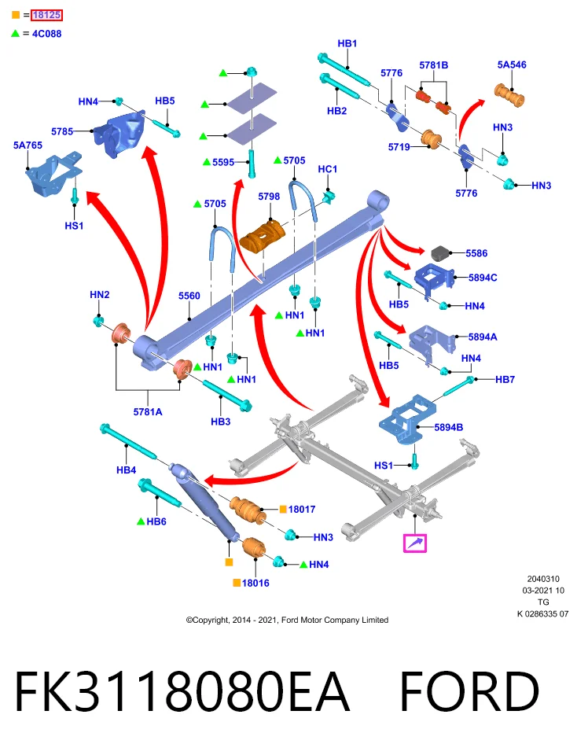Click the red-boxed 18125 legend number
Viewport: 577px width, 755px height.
point(46,15)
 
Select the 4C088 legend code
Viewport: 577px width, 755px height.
point(46,34)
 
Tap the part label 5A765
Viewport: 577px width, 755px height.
point(28,145)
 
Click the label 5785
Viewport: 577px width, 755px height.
point(62,131)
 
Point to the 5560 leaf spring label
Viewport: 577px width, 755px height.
point(189,296)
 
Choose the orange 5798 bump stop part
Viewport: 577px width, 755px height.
point(263,236)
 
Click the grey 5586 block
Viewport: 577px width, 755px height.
point(441,252)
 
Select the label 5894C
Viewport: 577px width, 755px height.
point(483,278)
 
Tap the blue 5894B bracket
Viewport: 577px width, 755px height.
point(408,419)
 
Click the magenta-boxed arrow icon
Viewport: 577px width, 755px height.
point(415,543)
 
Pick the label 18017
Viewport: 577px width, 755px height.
point(302,509)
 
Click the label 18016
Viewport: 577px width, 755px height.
point(255,583)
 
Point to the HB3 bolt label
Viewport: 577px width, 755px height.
point(220,422)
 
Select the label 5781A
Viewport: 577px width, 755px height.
point(148,411)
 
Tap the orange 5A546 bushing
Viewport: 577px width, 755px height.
point(509,95)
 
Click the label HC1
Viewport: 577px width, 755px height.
point(328,169)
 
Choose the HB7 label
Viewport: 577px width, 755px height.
point(505,379)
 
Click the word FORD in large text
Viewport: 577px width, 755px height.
point(469,691)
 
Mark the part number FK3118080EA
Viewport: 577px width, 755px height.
point(182,691)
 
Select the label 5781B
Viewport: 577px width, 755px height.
point(434,65)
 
